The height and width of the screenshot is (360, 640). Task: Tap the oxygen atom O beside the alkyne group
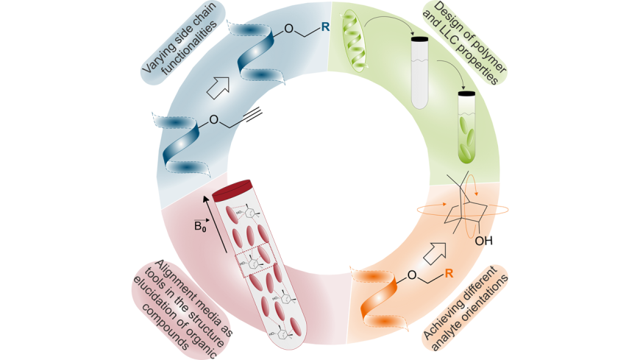coord(213,118)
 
